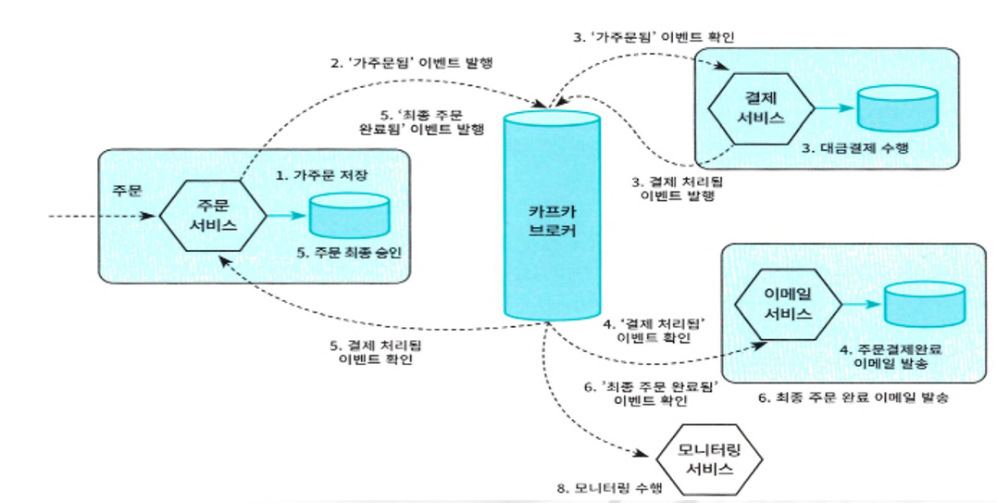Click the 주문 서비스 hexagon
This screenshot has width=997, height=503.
tap(211, 215)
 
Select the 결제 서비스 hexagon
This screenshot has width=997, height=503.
tap(760, 108)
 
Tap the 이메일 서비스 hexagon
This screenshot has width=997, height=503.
tap(789, 303)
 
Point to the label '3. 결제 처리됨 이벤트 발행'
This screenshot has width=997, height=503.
tap(675, 188)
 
